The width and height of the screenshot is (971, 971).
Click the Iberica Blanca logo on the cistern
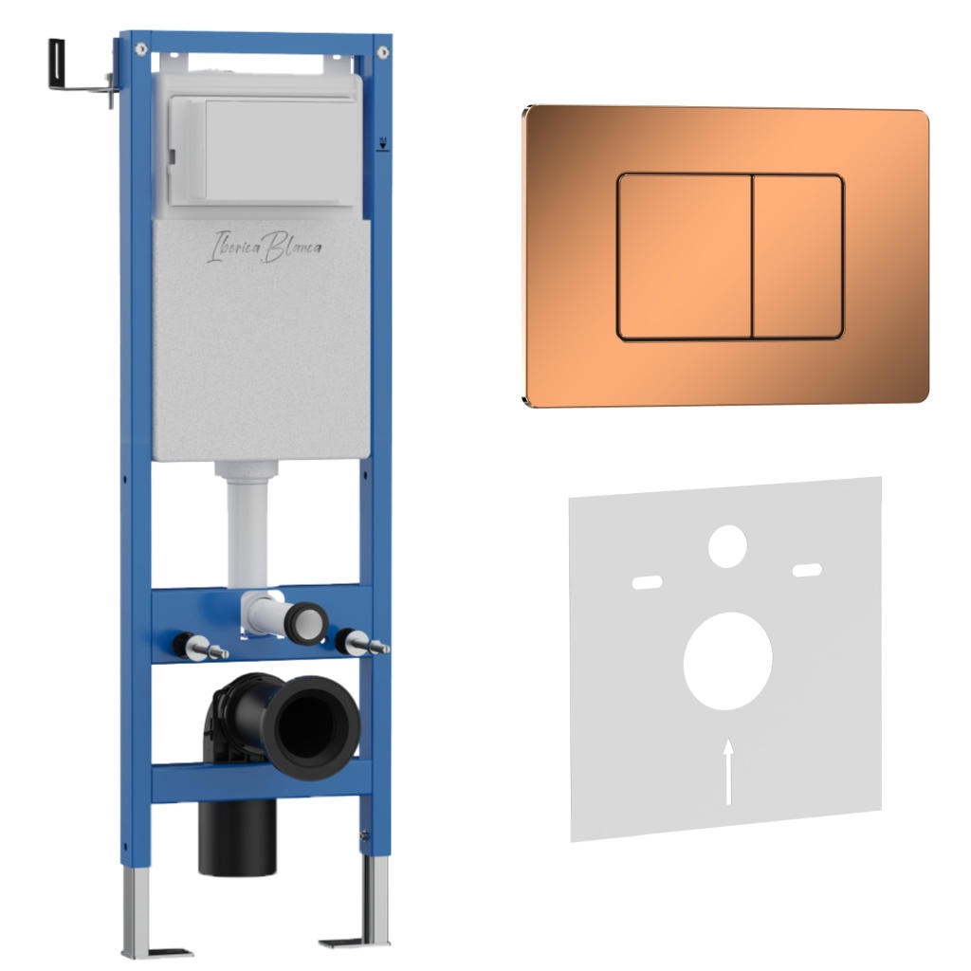click(x=265, y=247)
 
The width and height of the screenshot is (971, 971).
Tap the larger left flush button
click(x=685, y=257)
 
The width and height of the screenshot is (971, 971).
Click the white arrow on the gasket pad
click(x=729, y=771)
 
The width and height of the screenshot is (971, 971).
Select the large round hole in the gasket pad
click(x=727, y=661)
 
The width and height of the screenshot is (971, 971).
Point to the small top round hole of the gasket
click(x=727, y=546)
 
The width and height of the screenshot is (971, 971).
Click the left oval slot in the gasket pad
click(x=647, y=582)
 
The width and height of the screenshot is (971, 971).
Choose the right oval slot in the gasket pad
click(x=808, y=570)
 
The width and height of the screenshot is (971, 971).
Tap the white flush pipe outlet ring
click(x=307, y=624)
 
